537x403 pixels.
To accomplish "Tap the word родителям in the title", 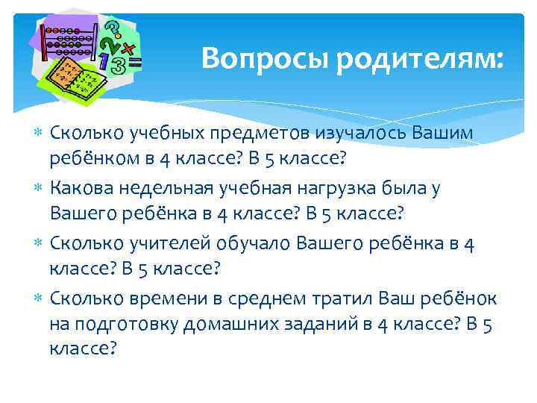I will pos(419,58).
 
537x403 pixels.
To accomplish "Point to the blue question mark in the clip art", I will pos(113,28).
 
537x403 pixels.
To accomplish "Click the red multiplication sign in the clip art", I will pos(129,49).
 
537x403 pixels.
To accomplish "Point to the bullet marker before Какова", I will pos(38,189).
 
